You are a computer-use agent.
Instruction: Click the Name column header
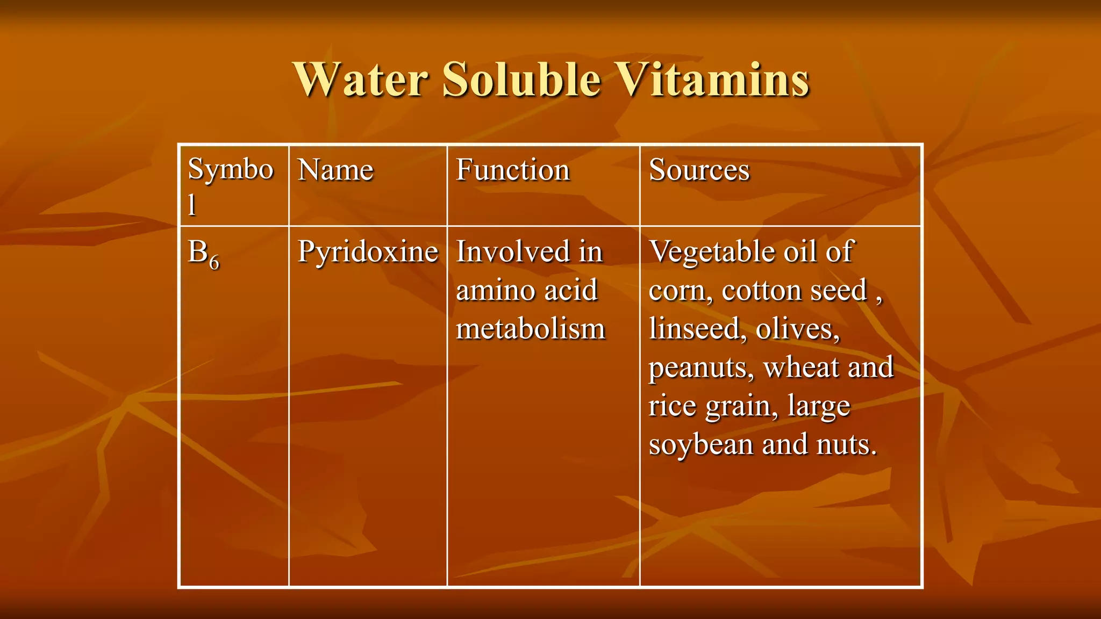[335, 170]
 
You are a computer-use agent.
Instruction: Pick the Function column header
[512, 170]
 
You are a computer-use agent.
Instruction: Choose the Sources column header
[699, 170]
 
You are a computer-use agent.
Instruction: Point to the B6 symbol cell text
[203, 253]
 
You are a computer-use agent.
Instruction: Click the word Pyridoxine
[368, 253]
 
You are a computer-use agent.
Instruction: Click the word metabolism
[531, 329]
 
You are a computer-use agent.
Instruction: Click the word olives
[797, 329]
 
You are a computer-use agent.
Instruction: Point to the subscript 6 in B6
[214, 262]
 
